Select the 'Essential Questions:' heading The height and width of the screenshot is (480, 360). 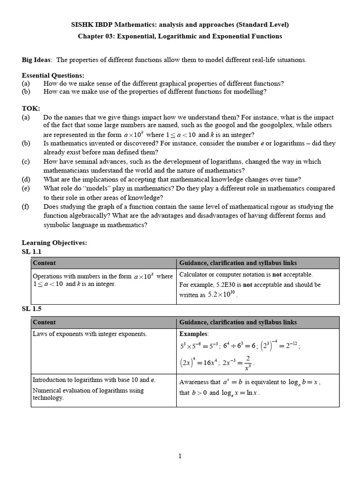(x=53, y=75)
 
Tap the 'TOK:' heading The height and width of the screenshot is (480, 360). (x=31, y=108)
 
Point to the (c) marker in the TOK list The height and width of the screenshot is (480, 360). (x=26, y=161)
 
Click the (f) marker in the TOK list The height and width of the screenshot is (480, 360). (x=26, y=206)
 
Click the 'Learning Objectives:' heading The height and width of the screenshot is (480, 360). (x=54, y=242)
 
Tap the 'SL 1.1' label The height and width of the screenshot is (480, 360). (x=32, y=251)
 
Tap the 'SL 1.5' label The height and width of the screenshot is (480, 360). (x=32, y=309)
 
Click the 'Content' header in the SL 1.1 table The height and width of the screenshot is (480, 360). (x=44, y=263)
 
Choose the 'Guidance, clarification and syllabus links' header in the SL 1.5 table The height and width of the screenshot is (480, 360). (x=238, y=322)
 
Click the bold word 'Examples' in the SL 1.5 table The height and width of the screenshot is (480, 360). (x=194, y=334)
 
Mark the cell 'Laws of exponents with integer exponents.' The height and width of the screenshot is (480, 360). (x=90, y=334)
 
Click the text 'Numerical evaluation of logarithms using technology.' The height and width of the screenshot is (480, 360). (x=88, y=394)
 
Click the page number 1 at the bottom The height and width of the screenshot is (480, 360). (x=180, y=456)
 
